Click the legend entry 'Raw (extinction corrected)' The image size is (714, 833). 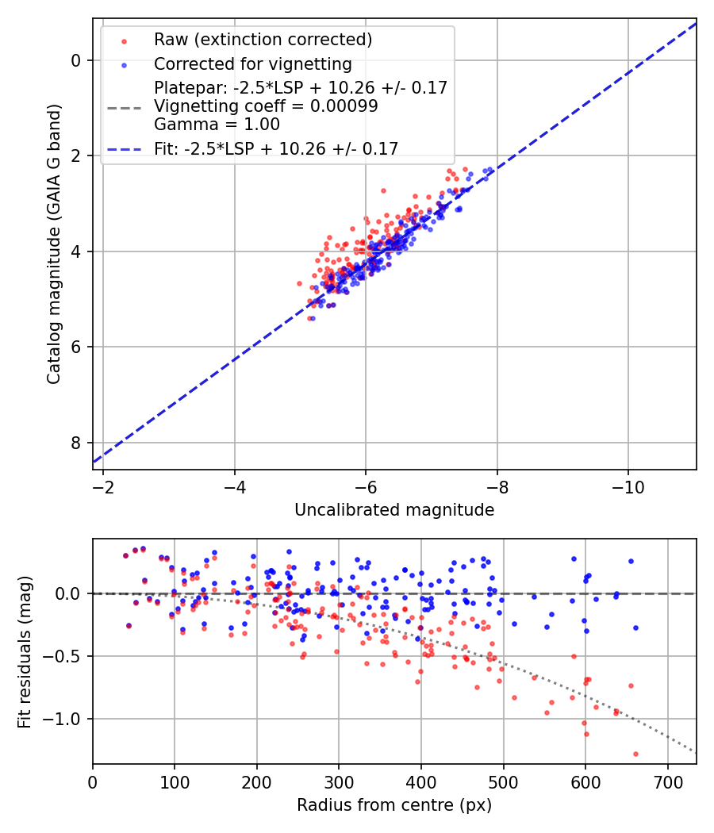[x=263, y=40]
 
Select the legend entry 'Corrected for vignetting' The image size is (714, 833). [x=253, y=63]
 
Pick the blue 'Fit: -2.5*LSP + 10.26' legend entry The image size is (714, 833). [x=275, y=148]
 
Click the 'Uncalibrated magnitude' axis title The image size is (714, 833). [x=394, y=510]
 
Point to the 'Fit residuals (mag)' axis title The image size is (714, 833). [x=25, y=651]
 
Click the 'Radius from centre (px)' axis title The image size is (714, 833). [x=394, y=805]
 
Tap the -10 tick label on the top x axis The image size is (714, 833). [x=628, y=486]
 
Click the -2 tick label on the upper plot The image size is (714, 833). [x=103, y=486]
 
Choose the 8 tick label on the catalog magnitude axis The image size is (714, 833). [x=77, y=443]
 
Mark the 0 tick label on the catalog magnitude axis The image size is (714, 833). [x=77, y=60]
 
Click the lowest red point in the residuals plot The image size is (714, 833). [x=635, y=754]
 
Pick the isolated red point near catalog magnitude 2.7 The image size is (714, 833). [x=383, y=190]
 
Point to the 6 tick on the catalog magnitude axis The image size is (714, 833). [x=77, y=347]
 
